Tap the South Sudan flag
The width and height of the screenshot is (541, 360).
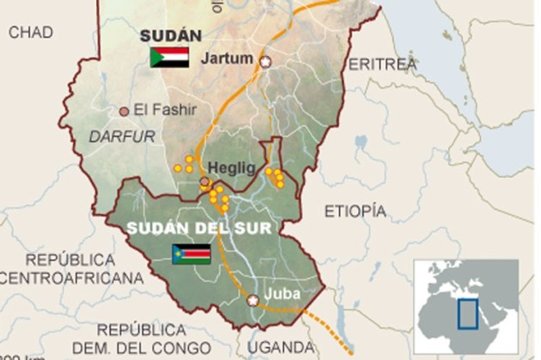tap(192, 253)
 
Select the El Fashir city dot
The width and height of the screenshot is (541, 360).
tap(125, 111)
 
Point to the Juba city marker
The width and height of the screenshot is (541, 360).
tap(253, 301)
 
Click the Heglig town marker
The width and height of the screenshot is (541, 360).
tap(204, 182)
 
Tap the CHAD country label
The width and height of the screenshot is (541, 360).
tap(31, 33)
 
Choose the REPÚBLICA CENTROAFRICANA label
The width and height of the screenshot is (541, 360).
tap(70, 268)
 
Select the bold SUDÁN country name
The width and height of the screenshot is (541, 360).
tap(170, 35)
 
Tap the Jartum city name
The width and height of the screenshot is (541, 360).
tap(226, 59)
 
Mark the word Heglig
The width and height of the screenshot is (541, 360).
tap(232, 169)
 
